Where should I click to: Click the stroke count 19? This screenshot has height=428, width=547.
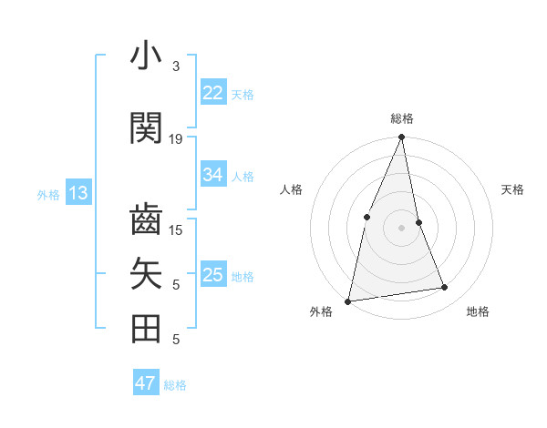[x=176, y=139]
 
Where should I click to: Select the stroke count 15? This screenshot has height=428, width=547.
[x=176, y=229]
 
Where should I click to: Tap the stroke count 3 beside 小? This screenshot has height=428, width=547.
[x=176, y=66]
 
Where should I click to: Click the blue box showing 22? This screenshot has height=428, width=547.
[x=213, y=92]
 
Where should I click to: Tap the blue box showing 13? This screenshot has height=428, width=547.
[x=77, y=192]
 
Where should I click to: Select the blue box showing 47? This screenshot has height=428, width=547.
[x=146, y=383]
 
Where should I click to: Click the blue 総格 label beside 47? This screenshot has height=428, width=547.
[x=175, y=385]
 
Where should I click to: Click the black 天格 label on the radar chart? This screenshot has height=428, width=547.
[x=512, y=189]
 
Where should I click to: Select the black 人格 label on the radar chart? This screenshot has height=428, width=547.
[x=291, y=189]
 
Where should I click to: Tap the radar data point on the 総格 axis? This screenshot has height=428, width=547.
[x=401, y=138]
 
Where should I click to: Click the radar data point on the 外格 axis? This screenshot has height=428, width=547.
[x=347, y=301]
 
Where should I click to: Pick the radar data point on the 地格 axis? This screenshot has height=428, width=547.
[x=445, y=288]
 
